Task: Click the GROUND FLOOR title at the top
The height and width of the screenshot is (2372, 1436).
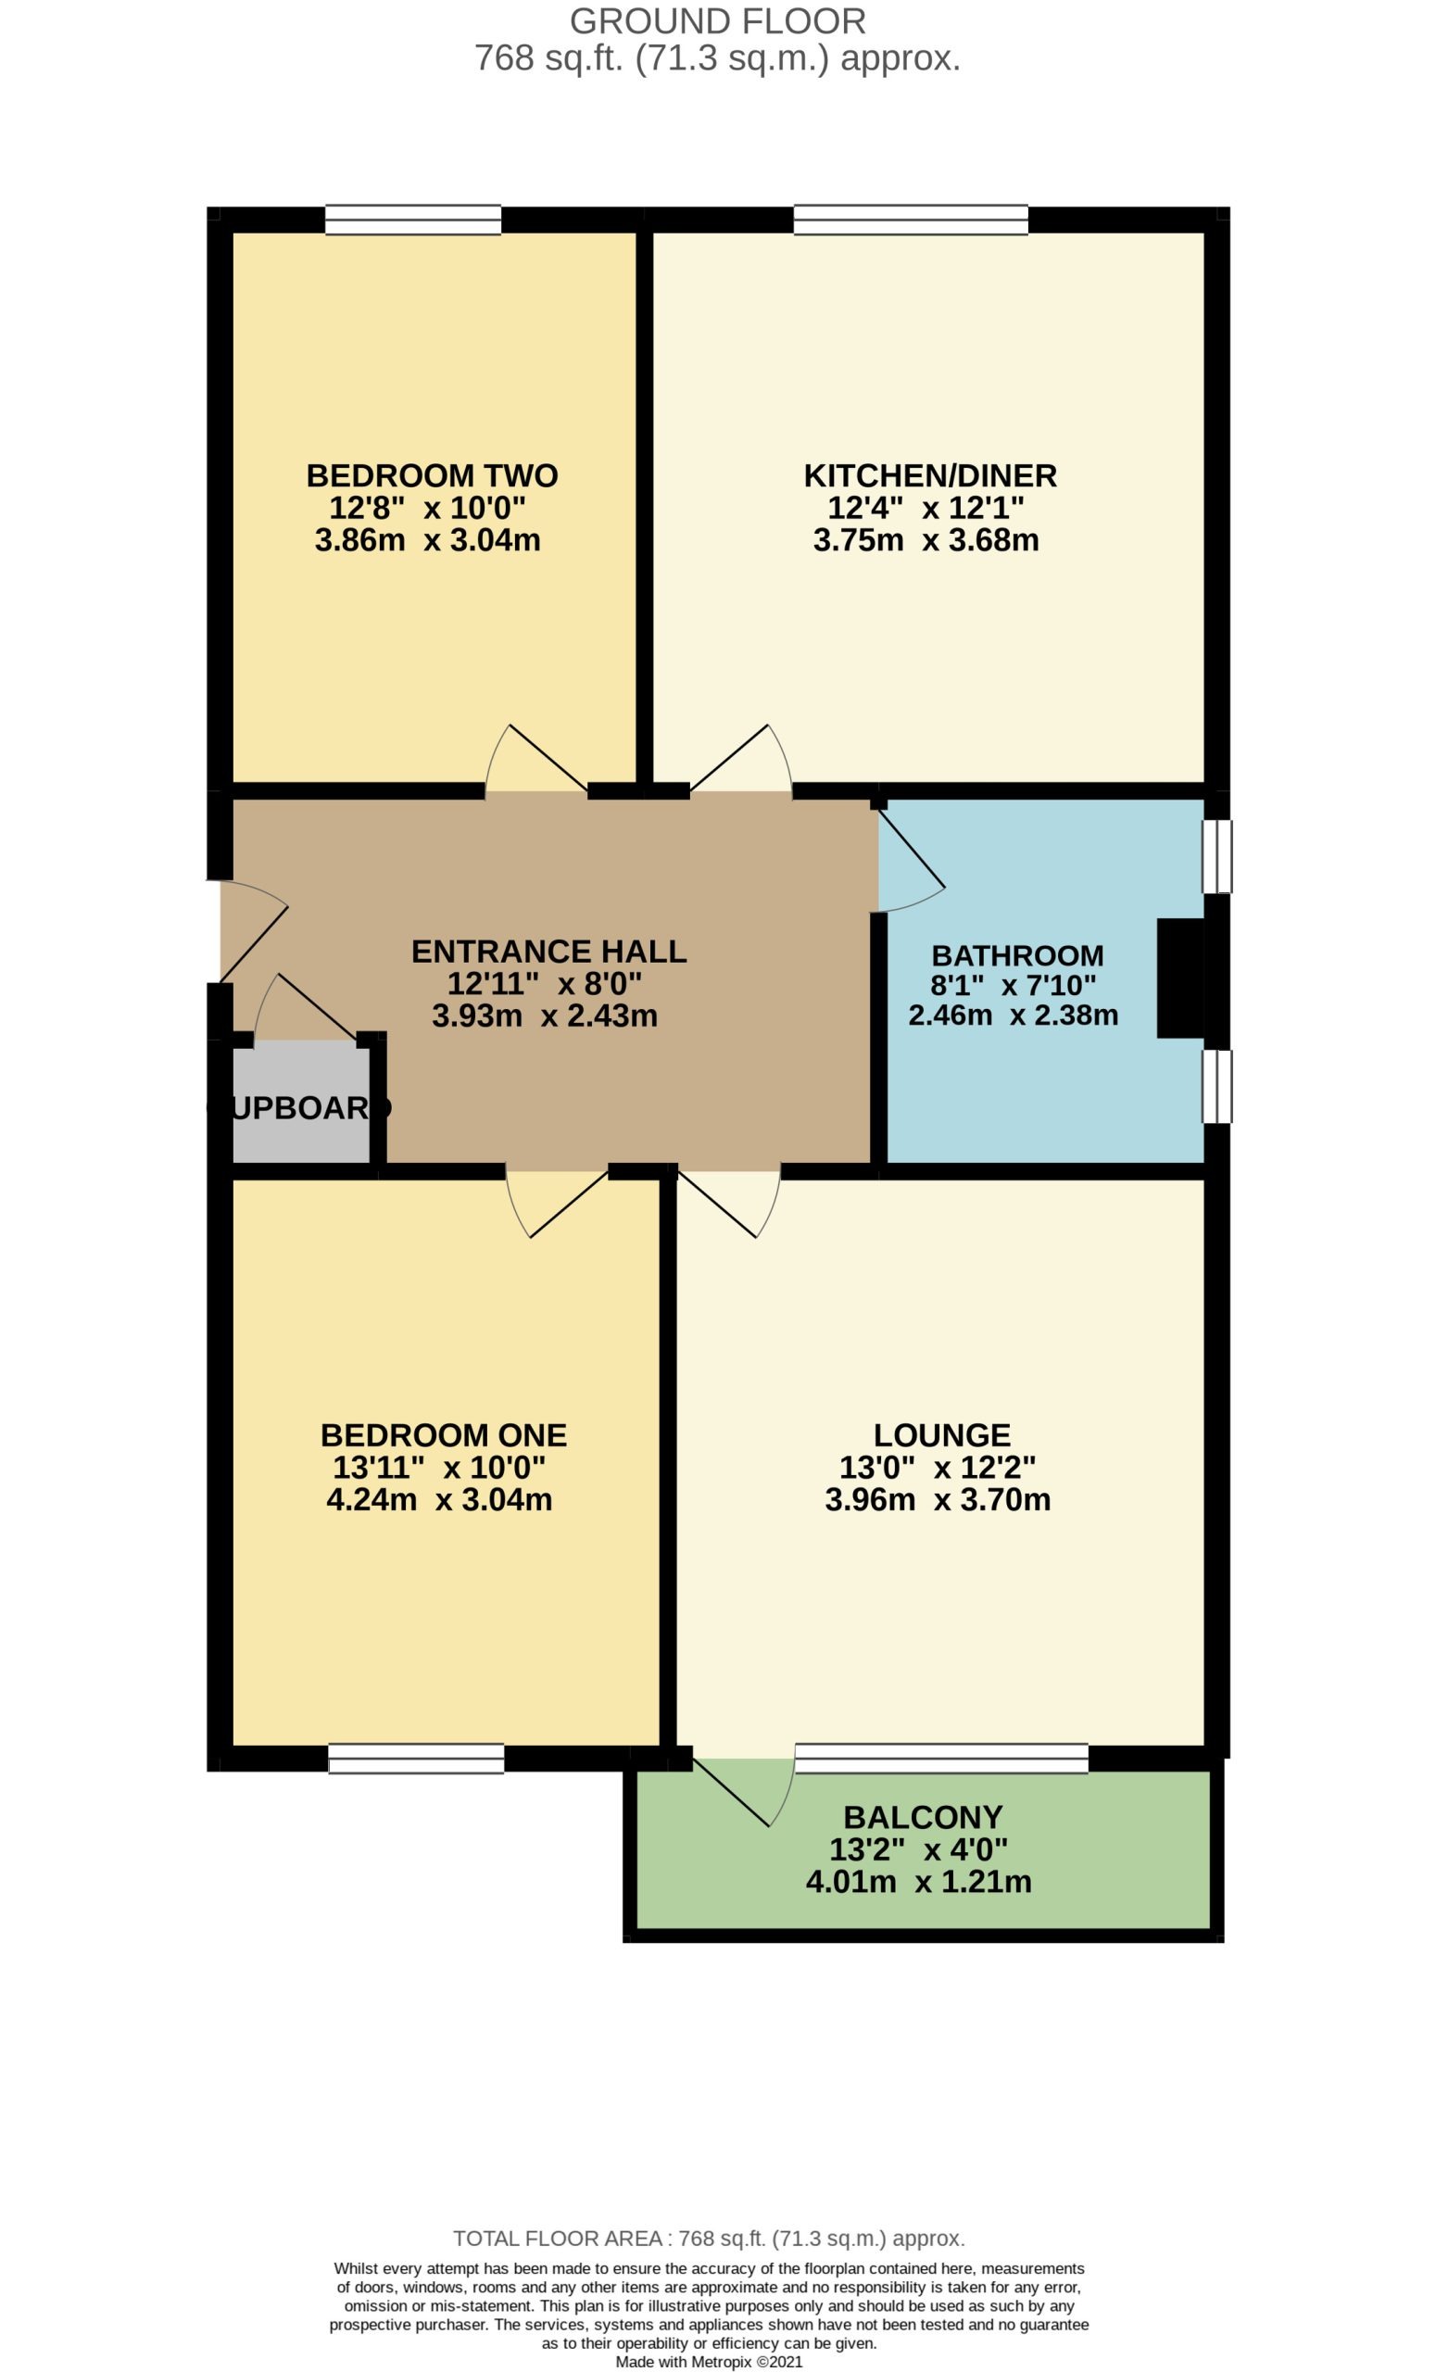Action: click(x=717, y=21)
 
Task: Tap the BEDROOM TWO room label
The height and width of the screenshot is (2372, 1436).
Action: click(x=432, y=475)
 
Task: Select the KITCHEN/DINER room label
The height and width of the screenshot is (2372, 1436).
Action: click(x=930, y=475)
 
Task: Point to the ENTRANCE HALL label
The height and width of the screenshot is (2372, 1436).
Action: click(x=548, y=951)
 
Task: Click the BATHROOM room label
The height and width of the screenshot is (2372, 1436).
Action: click(x=1017, y=956)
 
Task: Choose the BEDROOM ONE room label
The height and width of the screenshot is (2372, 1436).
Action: click(x=444, y=1435)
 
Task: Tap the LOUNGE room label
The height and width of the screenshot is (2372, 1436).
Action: click(x=941, y=1435)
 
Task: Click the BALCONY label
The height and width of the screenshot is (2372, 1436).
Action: click(x=923, y=1818)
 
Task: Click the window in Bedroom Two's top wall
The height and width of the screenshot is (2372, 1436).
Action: click(x=413, y=220)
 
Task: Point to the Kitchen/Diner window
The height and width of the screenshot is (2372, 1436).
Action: click(x=911, y=220)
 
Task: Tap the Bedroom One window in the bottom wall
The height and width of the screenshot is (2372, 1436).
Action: click(x=416, y=1759)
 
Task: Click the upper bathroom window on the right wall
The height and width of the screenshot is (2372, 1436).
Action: click(x=1216, y=857)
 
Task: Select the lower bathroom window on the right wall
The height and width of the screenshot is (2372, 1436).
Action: click(x=1216, y=1087)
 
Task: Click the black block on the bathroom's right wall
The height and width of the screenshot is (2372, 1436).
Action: click(x=1181, y=979)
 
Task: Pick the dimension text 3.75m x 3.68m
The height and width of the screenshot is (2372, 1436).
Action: click(x=926, y=540)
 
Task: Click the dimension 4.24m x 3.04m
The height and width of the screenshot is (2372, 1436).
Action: click(x=439, y=1500)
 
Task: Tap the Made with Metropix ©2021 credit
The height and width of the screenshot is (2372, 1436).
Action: click(x=710, y=2362)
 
